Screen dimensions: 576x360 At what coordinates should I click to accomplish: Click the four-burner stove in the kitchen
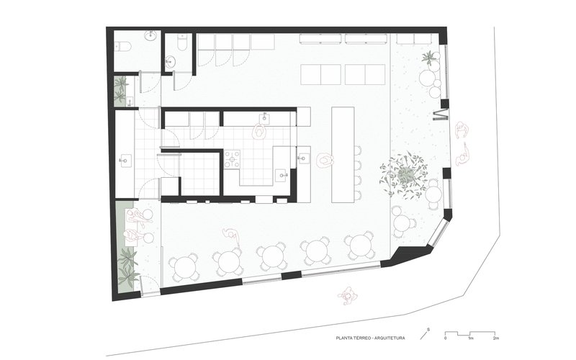click(x=232, y=159)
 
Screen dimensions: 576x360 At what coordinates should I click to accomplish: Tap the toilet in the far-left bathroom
click(x=122, y=47)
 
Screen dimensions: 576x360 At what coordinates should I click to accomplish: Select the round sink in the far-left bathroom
click(x=151, y=35)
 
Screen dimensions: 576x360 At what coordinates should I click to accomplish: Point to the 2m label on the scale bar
click(x=495, y=338)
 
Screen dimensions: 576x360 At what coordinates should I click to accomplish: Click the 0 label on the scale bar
click(x=446, y=338)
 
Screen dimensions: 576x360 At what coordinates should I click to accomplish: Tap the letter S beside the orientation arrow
click(x=428, y=329)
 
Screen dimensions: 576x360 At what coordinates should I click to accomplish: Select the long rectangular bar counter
click(x=343, y=154)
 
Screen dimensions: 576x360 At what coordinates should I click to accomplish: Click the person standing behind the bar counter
click(x=325, y=161)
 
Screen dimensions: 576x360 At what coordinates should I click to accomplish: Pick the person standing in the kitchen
click(x=260, y=132)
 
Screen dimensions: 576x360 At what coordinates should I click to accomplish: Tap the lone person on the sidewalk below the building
click(x=347, y=296)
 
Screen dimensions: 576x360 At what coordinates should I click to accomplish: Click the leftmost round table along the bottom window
click(x=184, y=267)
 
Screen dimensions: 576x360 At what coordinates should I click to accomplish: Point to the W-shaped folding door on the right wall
click(x=441, y=114)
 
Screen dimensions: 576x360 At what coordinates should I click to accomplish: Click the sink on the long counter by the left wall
click(x=125, y=160)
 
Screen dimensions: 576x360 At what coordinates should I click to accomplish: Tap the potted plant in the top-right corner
click(x=430, y=58)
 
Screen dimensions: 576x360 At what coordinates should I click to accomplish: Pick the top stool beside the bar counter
click(x=357, y=150)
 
